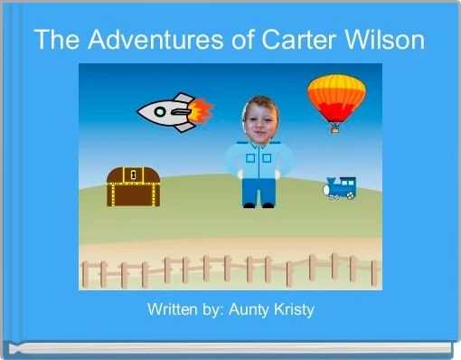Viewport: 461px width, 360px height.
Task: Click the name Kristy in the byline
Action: point(290,310)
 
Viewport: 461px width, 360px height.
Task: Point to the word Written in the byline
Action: point(173,310)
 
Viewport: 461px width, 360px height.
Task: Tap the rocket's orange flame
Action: point(202,111)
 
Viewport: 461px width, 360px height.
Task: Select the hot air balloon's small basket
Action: point(334,128)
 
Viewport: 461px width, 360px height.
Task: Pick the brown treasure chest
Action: point(133,186)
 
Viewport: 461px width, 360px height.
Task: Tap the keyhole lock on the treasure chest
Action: point(133,175)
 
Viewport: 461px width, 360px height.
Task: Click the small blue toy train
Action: point(341,187)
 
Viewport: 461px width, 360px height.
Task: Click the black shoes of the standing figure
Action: point(258,205)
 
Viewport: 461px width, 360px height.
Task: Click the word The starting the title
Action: point(54,41)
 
